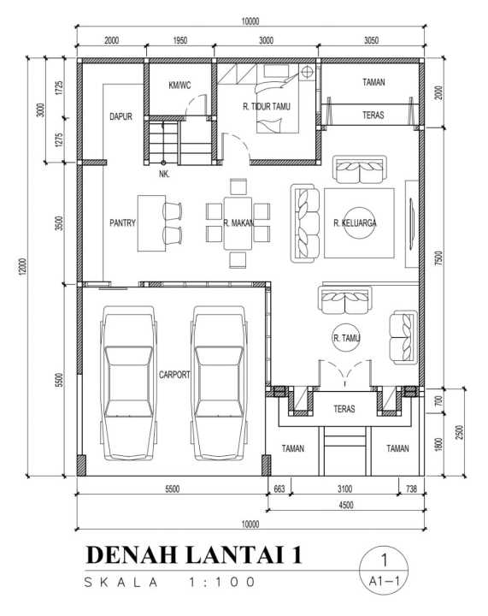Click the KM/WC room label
pos(179,85)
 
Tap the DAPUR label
pos(121,116)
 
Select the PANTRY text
pos(122,222)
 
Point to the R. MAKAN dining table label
pos(238,223)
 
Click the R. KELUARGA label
pos(355,223)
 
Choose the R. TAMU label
pos(346,338)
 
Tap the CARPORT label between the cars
pos(174,375)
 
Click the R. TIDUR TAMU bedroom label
pos(267,106)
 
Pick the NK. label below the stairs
pos(164,174)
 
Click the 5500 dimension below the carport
pos(173,489)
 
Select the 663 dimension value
pos(279,489)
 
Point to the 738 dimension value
pos(411,489)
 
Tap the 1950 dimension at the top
pos(180,40)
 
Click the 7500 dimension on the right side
pos(438,258)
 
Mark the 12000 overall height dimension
pos(23,266)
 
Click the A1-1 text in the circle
pos(384,581)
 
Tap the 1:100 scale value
pos(221,582)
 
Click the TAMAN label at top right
pos(373,82)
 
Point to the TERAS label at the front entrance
pos(344,409)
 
